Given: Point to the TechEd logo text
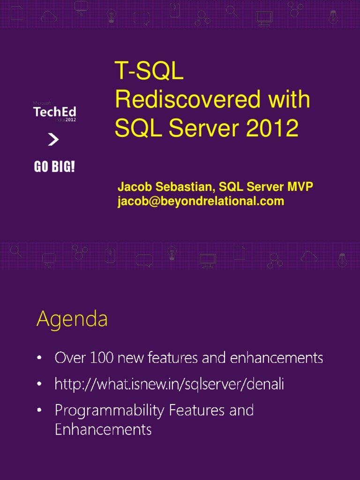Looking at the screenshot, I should pos(54,112).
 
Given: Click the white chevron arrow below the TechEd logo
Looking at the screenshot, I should pos(53,140).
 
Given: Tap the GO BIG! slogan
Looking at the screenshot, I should pos(54,167).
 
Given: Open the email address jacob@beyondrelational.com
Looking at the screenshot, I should pos(201,201).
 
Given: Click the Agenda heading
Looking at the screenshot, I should pos(72,320).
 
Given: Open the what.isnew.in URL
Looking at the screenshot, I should pos(169,384).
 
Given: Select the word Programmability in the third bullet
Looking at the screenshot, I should pos(110,411).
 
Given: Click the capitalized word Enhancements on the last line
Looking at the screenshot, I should pos(103,429).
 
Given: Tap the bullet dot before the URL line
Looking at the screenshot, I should pos(40,385).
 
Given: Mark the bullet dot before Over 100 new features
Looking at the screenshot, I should pos(40,359).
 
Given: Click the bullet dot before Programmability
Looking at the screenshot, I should pos(40,411).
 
